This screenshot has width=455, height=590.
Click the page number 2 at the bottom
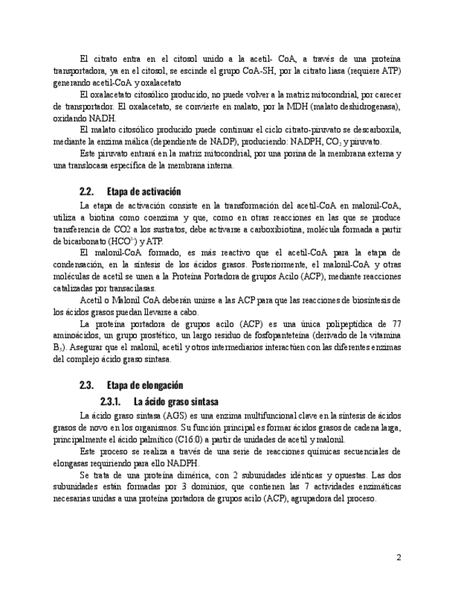[x=399, y=557]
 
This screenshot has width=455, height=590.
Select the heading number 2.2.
[x=87, y=191]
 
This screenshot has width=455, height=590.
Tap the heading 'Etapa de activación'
[x=144, y=191]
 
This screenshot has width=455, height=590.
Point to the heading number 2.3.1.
[x=111, y=401]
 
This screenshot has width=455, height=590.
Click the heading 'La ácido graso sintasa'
[x=176, y=401]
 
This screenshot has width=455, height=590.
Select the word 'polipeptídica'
[x=346, y=324]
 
